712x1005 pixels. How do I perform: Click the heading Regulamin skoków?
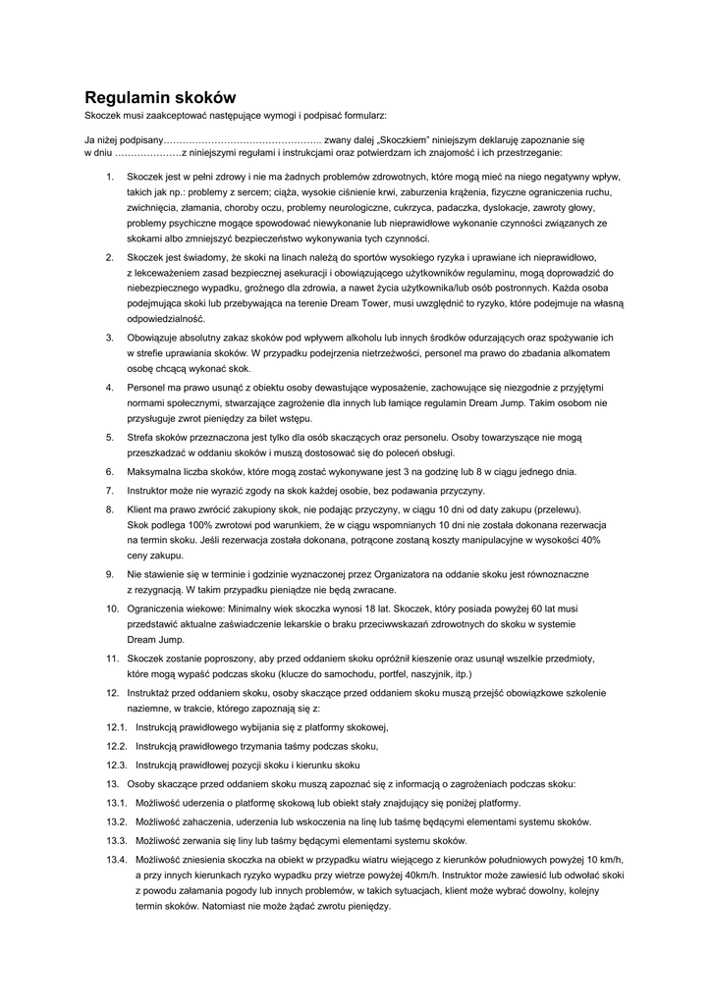pos(160,97)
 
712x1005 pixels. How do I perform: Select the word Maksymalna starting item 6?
pos(154,472)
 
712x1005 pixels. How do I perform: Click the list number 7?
pos(109,491)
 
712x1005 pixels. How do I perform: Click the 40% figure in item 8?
pos(591,540)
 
